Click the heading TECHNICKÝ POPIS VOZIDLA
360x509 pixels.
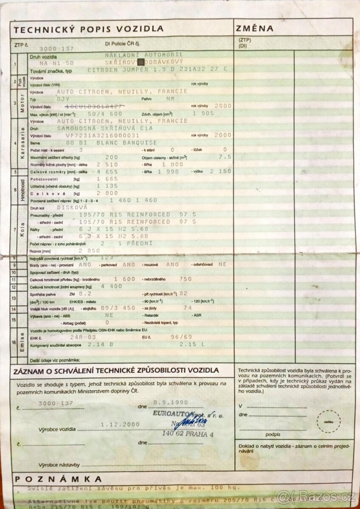[x=89, y=29]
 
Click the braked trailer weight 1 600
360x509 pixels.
[x=124, y=279]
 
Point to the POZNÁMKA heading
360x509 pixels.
[x=58, y=479]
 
